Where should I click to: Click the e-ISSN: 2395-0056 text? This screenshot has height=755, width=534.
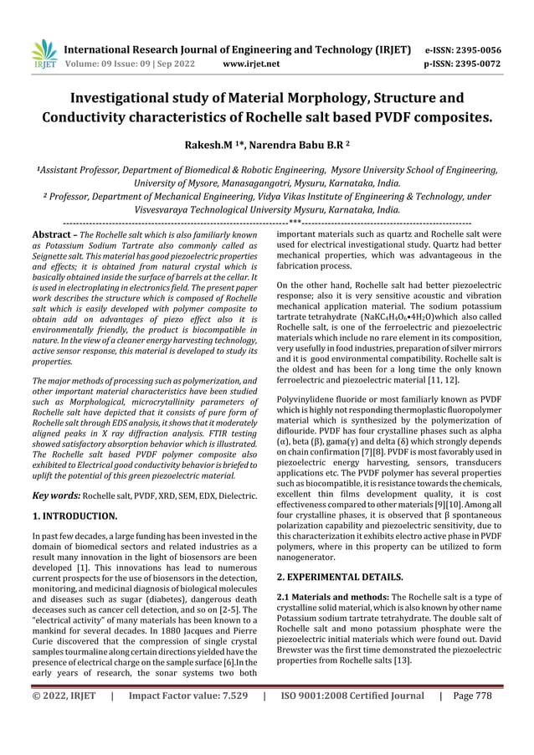472,49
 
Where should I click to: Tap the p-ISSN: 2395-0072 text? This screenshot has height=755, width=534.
472,63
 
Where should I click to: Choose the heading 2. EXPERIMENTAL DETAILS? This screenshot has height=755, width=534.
341,577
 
